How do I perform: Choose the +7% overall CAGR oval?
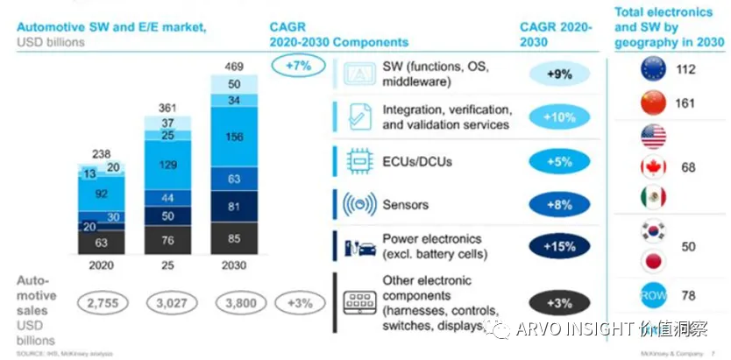pyautogui.click(x=295, y=64)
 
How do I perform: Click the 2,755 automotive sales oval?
pyautogui.click(x=102, y=304)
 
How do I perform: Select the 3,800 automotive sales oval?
pyautogui.click(x=234, y=304)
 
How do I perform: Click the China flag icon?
pyautogui.click(x=653, y=103)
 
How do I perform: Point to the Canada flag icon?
pyautogui.click(x=653, y=166)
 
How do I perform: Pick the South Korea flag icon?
pyautogui.click(x=653, y=231)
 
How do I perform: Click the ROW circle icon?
pyautogui.click(x=653, y=295)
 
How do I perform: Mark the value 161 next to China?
pyautogui.click(x=685, y=103)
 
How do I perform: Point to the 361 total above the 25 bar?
pyautogui.click(x=167, y=107)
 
